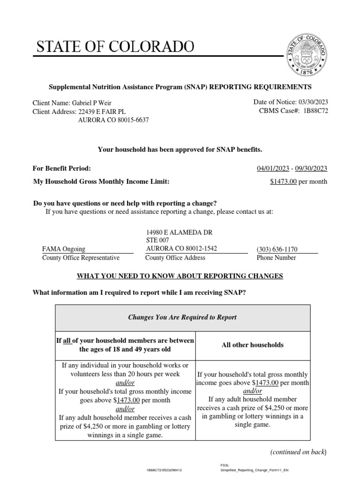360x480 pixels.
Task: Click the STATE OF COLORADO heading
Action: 115,47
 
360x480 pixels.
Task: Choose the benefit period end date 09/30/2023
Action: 311,169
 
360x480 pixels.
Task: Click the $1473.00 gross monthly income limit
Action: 284,182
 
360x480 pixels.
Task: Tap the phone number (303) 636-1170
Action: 277,249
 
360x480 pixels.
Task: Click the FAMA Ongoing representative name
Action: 64,249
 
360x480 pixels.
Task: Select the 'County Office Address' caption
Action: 175,258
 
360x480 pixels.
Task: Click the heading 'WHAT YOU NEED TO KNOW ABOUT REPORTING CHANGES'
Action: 180,276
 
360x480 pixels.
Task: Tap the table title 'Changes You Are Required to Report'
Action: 182,317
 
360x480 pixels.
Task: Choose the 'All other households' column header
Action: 253,345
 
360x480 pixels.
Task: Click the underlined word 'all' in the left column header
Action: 67,341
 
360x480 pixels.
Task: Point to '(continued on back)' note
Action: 298,452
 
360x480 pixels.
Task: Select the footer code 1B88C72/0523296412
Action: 165,469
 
